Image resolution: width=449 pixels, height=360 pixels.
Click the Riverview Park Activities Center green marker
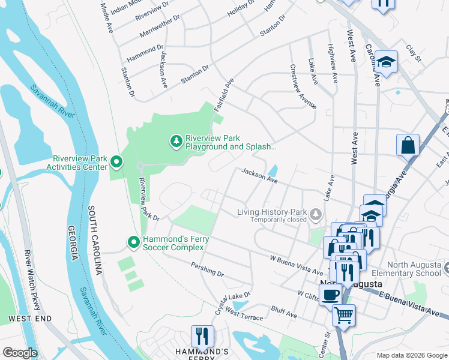[x=116, y=162]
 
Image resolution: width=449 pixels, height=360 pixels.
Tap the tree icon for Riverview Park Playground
[x=176, y=141]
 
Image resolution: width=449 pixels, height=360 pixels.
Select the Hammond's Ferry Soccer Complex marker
[x=134, y=242]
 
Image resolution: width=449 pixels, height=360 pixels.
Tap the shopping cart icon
[x=343, y=314]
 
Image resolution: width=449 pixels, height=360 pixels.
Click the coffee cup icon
[x=330, y=295]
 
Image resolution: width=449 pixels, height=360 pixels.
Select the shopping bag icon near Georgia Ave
[x=408, y=145]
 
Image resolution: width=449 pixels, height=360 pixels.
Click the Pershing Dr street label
[x=206, y=269]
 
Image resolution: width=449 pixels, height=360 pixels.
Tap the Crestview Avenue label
[x=303, y=86]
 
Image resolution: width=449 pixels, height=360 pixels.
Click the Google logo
[x=20, y=352]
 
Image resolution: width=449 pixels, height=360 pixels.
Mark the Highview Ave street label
[x=333, y=63]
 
